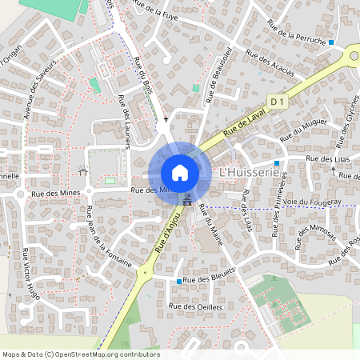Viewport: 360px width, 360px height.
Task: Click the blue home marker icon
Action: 180,172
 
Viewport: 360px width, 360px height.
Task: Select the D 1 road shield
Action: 278,102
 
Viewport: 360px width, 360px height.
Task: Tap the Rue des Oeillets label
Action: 194,306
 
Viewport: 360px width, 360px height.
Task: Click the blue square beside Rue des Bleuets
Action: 178,282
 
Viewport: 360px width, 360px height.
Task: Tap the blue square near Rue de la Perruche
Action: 331,41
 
